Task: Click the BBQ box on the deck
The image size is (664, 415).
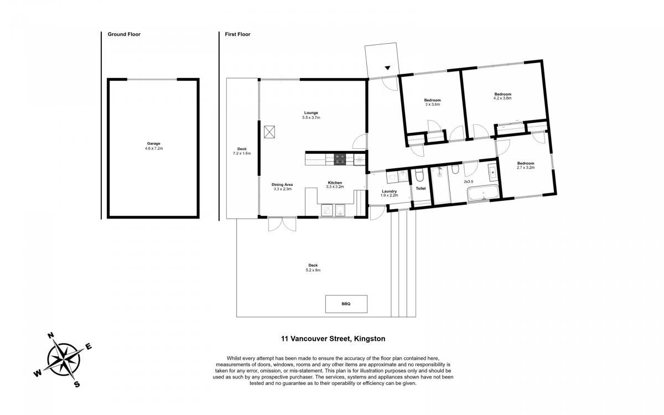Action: click(346, 304)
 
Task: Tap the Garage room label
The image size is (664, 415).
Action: click(154, 144)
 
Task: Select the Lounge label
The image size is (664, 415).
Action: click(311, 113)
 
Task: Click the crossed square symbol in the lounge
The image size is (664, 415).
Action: click(269, 132)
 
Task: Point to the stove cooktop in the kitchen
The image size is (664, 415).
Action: click(340, 159)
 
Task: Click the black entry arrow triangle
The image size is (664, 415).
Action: click(387, 68)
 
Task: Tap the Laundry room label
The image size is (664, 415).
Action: click(389, 191)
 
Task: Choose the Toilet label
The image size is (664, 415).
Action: click(421, 189)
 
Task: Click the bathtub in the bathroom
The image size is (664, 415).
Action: click(483, 193)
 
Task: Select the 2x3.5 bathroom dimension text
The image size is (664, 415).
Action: click(469, 181)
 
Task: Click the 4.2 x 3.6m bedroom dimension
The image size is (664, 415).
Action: click(502, 98)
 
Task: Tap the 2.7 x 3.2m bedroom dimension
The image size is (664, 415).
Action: click(526, 168)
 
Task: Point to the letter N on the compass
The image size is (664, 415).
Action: click(51, 335)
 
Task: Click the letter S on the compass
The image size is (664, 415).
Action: click(77, 385)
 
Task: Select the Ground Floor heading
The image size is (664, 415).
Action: click(124, 34)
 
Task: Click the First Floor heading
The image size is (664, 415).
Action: click(237, 34)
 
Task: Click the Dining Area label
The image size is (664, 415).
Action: click(282, 185)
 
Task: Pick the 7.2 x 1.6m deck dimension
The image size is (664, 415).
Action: click(242, 154)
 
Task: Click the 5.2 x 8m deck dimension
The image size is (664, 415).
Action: click(313, 270)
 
